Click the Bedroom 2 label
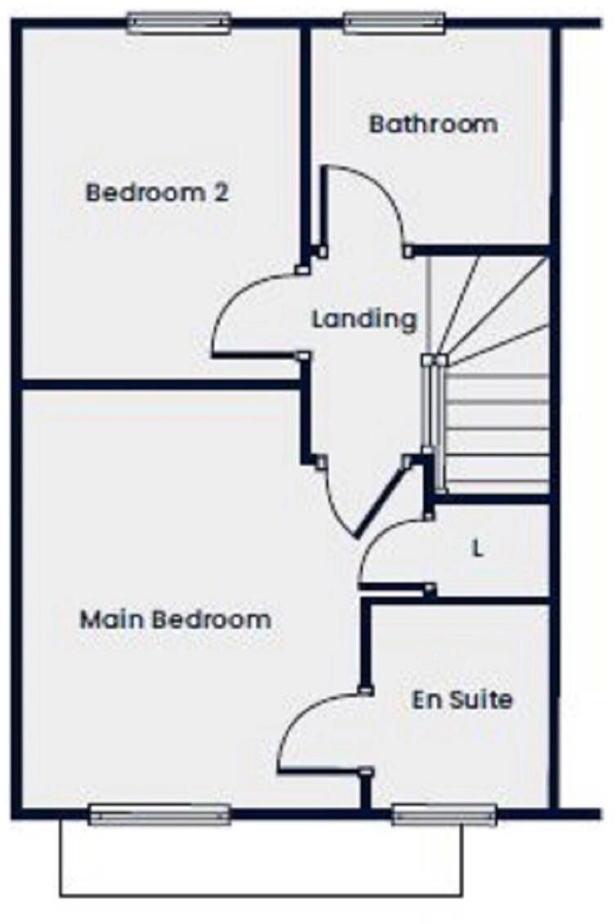point(157,194)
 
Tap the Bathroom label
point(433,125)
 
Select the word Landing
point(364,319)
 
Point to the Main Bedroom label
point(175,619)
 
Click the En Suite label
point(462,700)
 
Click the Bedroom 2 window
point(179,23)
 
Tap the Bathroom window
point(394,23)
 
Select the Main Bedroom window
point(159,814)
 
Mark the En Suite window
point(444,814)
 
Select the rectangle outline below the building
point(261,895)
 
